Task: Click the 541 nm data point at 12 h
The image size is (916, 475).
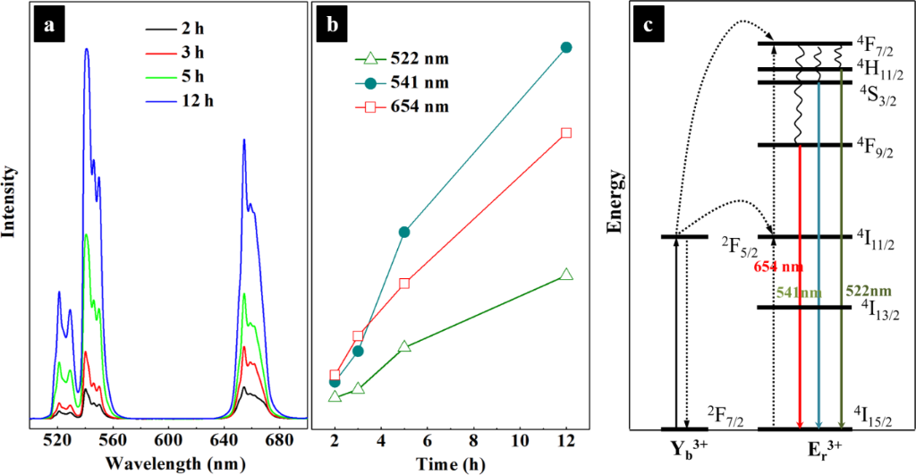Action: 565,47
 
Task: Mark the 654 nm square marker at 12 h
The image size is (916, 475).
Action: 565,133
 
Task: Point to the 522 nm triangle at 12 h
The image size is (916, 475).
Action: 565,275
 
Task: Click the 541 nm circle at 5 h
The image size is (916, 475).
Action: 404,232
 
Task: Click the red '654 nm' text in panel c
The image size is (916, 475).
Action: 777,267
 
